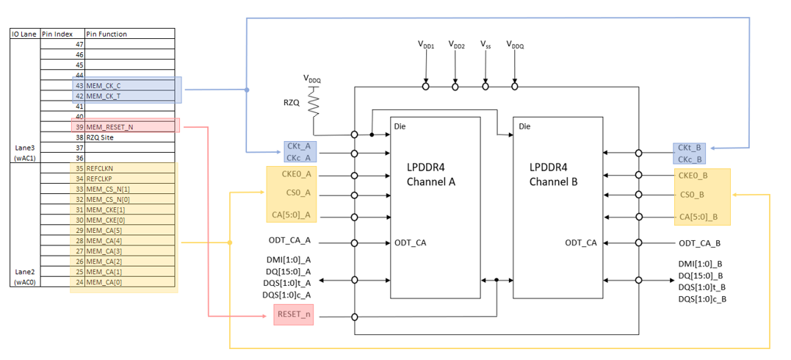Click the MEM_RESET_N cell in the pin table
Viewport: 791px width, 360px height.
[x=110, y=127]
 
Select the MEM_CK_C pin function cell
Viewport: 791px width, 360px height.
[x=104, y=86]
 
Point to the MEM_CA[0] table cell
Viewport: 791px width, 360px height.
[x=105, y=281]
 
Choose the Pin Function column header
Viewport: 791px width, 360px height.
[x=106, y=34]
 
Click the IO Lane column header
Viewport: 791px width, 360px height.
[x=24, y=34]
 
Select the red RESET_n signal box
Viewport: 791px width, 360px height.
[x=293, y=314]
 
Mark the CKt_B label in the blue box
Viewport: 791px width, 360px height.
[x=690, y=148]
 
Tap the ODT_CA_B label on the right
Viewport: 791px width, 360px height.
[x=699, y=243]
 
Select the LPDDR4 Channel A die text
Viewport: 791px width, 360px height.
[x=433, y=174]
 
